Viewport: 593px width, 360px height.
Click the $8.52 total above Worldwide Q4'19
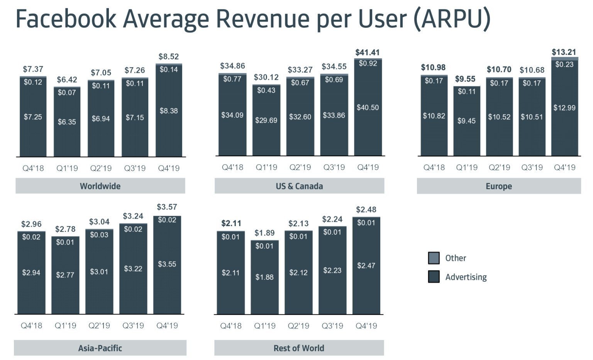[169, 57]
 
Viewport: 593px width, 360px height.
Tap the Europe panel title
[499, 186]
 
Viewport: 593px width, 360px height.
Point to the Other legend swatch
[434, 258]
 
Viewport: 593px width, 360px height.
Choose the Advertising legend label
[466, 277]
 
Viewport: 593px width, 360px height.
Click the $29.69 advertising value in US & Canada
[266, 120]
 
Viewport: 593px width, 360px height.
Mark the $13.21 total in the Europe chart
[564, 52]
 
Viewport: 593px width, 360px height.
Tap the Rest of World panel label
[299, 348]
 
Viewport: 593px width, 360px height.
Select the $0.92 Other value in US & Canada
[368, 63]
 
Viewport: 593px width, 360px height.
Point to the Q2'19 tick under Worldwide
[101, 168]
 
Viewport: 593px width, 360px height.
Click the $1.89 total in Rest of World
[264, 233]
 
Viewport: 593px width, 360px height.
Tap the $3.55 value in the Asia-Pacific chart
[167, 264]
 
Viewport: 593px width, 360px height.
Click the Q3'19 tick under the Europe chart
[532, 167]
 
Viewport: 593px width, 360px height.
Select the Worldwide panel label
[100, 186]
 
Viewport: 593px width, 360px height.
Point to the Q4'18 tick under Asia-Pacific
[31, 326]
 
